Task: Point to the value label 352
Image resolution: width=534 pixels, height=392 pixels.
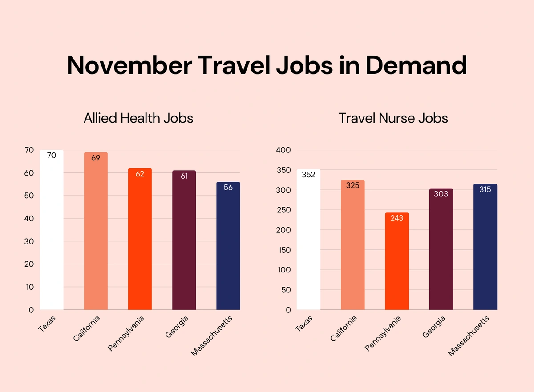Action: point(308,175)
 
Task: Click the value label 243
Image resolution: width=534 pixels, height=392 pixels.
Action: point(396,218)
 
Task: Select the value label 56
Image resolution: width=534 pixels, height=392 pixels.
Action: point(228,187)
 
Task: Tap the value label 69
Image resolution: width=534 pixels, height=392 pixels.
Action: point(96,158)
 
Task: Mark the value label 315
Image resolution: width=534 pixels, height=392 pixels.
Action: point(485,189)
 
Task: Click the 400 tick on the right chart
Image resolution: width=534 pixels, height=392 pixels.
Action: point(283,150)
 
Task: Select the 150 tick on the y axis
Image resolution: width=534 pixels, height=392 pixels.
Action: point(283,250)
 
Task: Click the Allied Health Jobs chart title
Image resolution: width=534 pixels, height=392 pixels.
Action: point(138,118)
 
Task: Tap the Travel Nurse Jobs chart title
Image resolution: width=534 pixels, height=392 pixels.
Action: point(393,118)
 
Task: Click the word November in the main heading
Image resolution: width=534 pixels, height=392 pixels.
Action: point(125,65)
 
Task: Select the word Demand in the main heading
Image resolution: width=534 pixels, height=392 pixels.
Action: point(416,65)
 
